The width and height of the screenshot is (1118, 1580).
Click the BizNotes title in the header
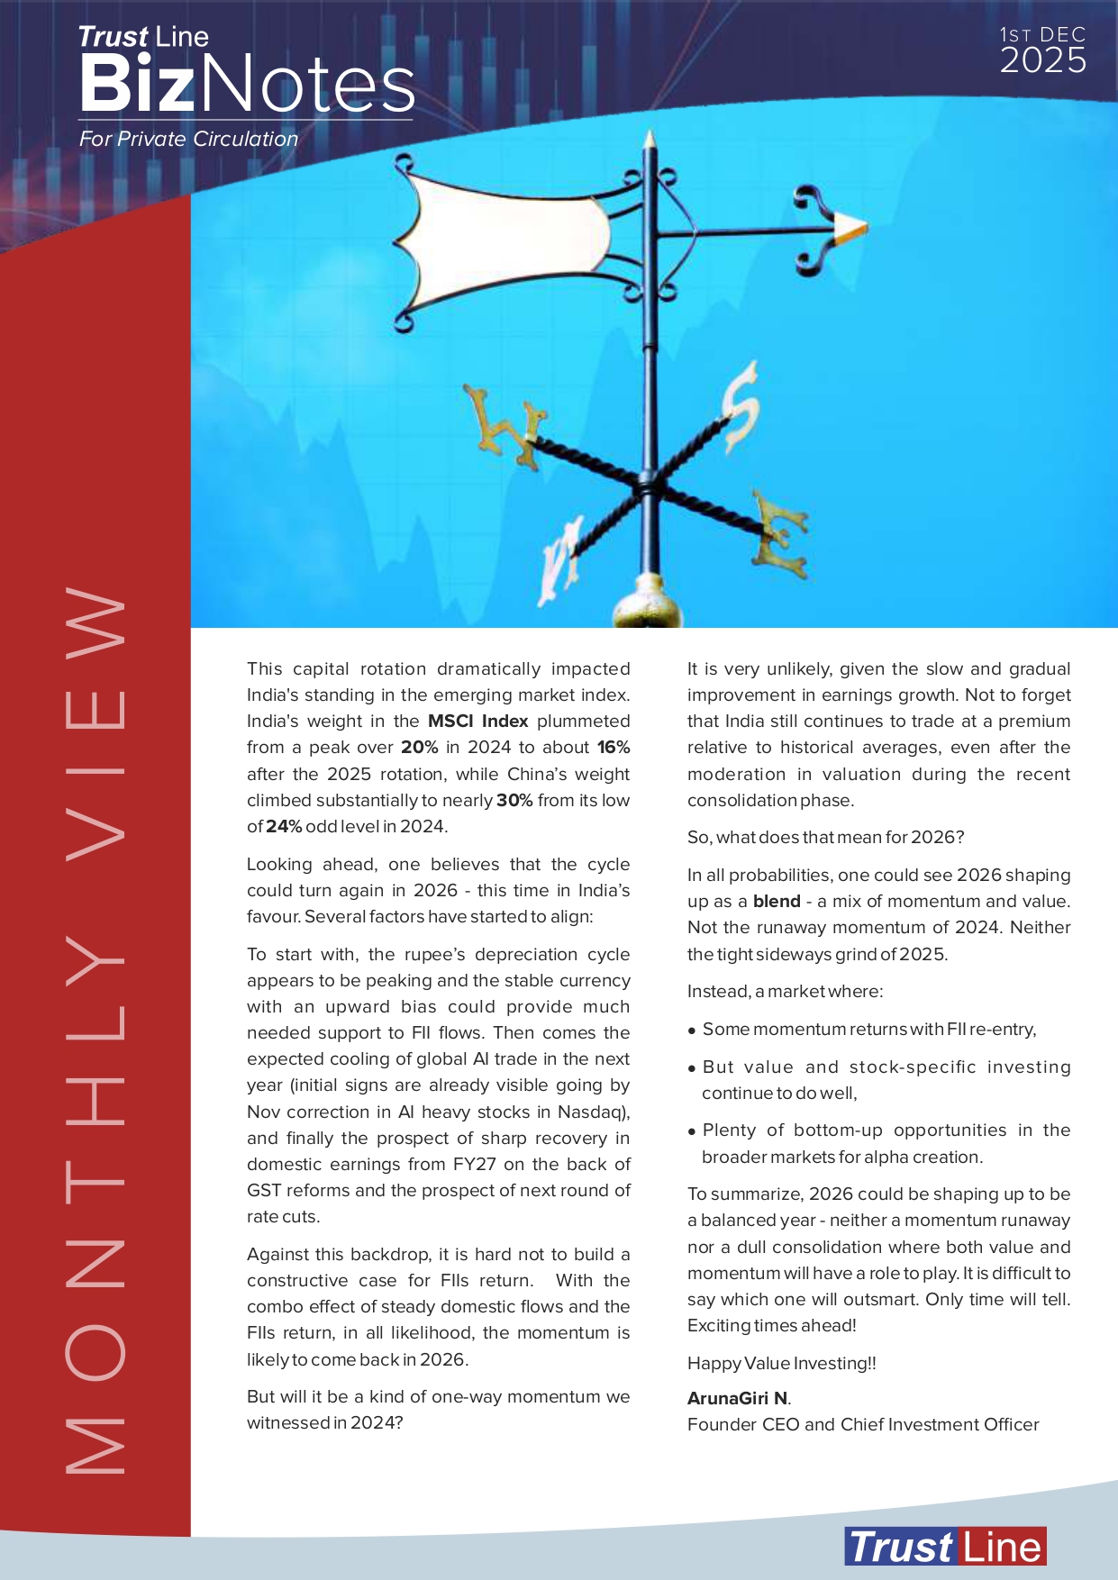(246, 84)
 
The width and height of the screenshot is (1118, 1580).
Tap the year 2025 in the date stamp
(1042, 61)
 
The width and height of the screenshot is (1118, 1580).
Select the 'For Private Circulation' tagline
(188, 140)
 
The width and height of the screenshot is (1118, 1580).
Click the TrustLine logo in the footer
(945, 1547)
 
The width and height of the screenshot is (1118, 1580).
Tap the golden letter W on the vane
(504, 428)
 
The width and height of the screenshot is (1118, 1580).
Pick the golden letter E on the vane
(779, 535)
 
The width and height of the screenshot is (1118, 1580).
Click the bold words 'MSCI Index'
(477, 722)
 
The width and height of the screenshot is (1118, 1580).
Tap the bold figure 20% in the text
(419, 748)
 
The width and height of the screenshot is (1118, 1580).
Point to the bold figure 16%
(613, 748)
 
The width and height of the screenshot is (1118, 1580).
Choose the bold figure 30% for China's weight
(514, 801)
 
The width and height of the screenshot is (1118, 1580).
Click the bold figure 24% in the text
(283, 827)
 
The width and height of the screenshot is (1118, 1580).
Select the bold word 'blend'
(777, 902)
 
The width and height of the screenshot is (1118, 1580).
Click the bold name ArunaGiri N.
(738, 1398)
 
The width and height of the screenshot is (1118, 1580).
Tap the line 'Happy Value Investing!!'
(781, 1364)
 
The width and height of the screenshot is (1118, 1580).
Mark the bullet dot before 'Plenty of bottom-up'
(692, 1132)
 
